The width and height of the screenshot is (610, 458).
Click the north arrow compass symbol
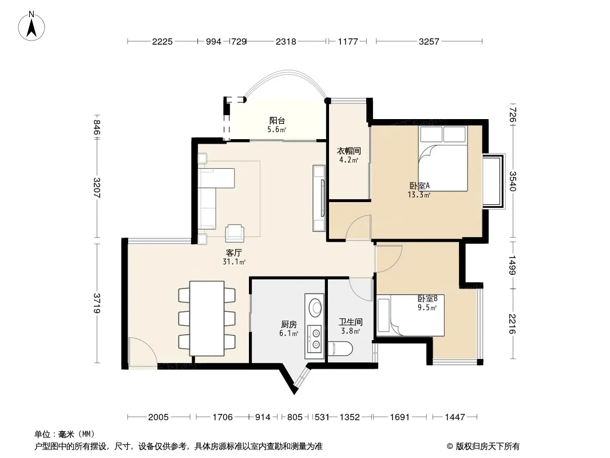click(31, 26)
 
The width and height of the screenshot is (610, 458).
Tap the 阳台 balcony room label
click(277, 121)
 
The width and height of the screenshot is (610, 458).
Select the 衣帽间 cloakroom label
click(348, 151)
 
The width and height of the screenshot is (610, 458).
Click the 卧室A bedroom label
click(419, 185)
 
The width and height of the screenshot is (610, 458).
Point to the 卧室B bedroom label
click(427, 298)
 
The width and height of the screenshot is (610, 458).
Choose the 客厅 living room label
click(234, 252)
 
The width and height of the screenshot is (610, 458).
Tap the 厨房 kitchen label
click(288, 324)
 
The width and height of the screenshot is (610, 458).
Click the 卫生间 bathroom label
click(351, 322)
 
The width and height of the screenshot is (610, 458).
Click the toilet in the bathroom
click(340, 349)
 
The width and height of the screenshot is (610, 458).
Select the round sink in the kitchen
click(315, 307)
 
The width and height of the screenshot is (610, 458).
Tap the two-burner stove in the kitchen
click(315, 339)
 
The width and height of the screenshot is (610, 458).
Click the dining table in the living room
click(207, 318)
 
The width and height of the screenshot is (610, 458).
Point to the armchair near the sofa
click(235, 233)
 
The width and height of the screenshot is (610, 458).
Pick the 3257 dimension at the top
click(429, 41)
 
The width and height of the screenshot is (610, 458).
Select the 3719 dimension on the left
click(97, 303)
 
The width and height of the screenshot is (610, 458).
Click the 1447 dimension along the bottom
click(455, 417)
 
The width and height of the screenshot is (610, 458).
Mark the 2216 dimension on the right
click(512, 324)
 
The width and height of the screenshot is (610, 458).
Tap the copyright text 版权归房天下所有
click(488, 447)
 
